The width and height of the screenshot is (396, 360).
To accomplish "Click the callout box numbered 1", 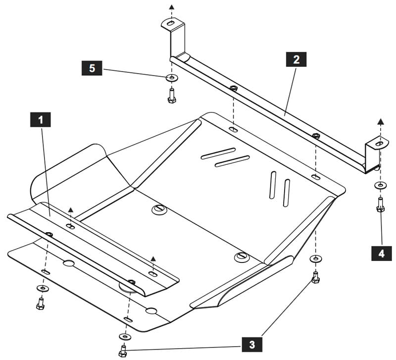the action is pyautogui.click(x=41, y=120).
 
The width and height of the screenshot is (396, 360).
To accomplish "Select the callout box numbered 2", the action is pyautogui.click(x=296, y=59).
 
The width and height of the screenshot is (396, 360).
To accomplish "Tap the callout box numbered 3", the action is pyautogui.click(x=252, y=344).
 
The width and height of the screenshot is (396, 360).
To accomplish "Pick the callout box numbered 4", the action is pyautogui.click(x=382, y=254).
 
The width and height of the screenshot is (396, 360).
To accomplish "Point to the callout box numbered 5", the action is pyautogui.click(x=92, y=68).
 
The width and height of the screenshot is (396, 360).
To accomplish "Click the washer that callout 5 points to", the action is pyautogui.click(x=172, y=78).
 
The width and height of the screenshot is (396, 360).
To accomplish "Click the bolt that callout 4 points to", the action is pyautogui.click(x=380, y=205).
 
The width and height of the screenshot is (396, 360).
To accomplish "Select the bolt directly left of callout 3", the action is pyautogui.click(x=122, y=351).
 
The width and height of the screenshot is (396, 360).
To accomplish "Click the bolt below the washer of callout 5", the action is pyautogui.click(x=172, y=96).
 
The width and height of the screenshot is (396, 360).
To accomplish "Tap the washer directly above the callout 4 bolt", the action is pyautogui.click(x=380, y=186).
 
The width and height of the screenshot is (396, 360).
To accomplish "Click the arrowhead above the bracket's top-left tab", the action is pyautogui.click(x=172, y=7).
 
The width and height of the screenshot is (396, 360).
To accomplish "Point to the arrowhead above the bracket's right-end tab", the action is pyautogui.click(x=381, y=121).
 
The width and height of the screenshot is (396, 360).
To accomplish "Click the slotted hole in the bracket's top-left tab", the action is pyautogui.click(x=171, y=23).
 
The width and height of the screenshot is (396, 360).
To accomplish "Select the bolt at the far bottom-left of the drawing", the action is pyautogui.click(x=41, y=304).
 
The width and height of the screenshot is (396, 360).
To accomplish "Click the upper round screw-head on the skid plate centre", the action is pyautogui.click(x=159, y=209).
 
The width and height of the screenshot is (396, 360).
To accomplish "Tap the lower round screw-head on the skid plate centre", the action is pyautogui.click(x=242, y=257).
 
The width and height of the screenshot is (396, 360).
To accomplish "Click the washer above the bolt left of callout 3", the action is pyautogui.click(x=125, y=337).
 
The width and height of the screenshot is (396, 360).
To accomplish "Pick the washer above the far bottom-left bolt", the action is pyautogui.click(x=43, y=288).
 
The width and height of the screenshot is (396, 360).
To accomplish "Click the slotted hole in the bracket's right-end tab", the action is pyautogui.click(x=379, y=144).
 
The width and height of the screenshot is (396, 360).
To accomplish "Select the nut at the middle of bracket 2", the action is pyautogui.click(x=234, y=88).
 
